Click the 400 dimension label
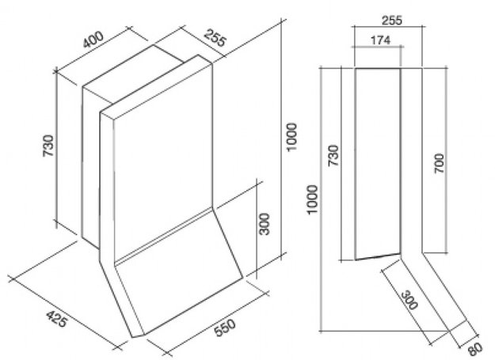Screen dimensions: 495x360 93,39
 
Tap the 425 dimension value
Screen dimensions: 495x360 57,319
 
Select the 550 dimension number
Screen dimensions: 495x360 225,328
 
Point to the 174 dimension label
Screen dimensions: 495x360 380,40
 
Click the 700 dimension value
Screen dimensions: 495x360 439,163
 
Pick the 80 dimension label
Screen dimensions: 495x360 475,349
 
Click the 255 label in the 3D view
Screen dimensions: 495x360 215,38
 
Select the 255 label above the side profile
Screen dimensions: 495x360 392,21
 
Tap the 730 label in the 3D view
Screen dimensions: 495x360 48,146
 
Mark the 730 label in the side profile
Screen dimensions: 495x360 333,155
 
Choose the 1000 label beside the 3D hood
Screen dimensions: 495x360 291,137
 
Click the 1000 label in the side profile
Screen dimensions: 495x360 312,199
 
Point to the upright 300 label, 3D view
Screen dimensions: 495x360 265,224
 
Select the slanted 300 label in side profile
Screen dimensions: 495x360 409,301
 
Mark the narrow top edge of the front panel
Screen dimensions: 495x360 156,87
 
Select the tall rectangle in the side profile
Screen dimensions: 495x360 378,164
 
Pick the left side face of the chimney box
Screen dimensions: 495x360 91,167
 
